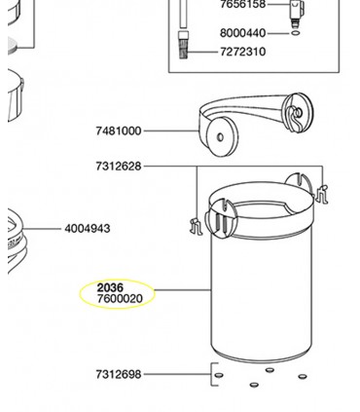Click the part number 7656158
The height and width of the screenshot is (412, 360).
(242, 5)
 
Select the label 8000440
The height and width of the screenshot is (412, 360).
(242, 32)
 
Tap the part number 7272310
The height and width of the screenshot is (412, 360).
(243, 51)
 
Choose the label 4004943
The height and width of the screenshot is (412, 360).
(88, 229)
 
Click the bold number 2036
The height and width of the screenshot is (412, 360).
(110, 287)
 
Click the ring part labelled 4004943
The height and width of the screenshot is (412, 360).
(19, 234)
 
